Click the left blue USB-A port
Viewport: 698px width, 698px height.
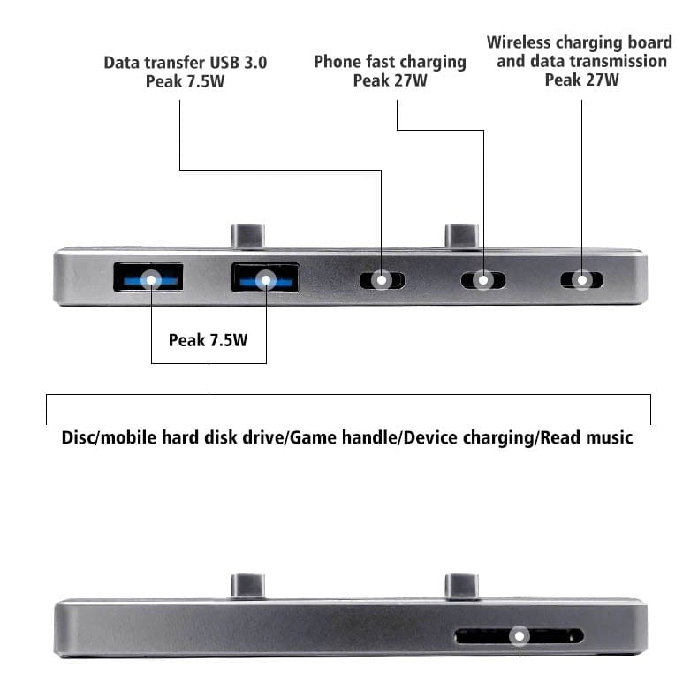pyautogui.click(x=148, y=278)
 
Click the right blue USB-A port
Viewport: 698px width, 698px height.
pyautogui.click(x=264, y=278)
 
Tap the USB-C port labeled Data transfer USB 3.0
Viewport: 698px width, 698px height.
pyautogui.click(x=382, y=280)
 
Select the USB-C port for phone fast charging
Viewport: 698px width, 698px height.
pyautogui.click(x=482, y=280)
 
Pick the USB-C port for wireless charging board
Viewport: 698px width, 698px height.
pyautogui.click(x=582, y=280)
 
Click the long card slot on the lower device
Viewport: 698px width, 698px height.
pyautogui.click(x=519, y=636)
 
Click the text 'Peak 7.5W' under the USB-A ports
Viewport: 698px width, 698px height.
pyautogui.click(x=209, y=339)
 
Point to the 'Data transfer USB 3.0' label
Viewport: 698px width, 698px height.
pyautogui.click(x=186, y=63)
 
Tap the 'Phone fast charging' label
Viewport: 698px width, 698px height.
pyautogui.click(x=390, y=62)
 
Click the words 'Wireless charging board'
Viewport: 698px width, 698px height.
pyautogui.click(x=579, y=42)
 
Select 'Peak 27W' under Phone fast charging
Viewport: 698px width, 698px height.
pyautogui.click(x=390, y=80)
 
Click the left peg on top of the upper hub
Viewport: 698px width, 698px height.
pyautogui.click(x=247, y=236)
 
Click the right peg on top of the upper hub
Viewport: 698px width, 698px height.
pyautogui.click(x=461, y=236)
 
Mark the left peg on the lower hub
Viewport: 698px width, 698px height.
pyautogui.click(x=247, y=586)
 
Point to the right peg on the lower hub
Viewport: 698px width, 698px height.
pyautogui.click(x=461, y=586)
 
